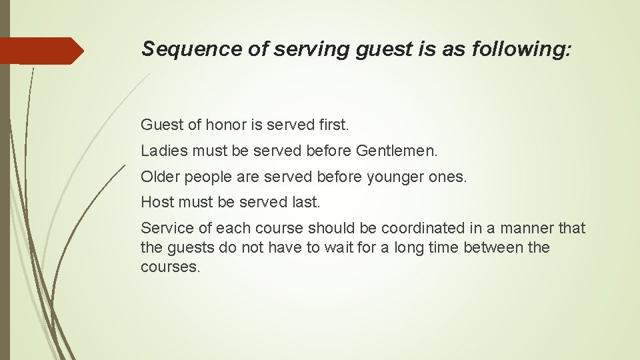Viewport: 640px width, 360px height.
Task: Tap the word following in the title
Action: pos(525,49)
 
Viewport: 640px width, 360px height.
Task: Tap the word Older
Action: pos(160,177)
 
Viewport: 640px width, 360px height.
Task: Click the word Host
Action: pos(156,202)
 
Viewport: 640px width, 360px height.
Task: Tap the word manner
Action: pos(527,228)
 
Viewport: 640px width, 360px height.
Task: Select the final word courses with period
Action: pos(170,267)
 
